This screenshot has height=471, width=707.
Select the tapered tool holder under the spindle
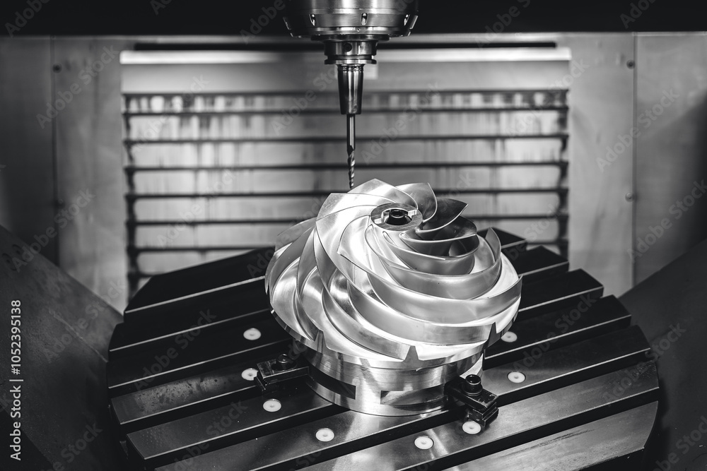tap(349, 88)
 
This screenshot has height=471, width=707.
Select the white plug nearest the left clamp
tap(250, 374)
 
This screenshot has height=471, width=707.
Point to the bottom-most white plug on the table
tap(423, 442)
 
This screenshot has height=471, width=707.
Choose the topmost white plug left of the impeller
tap(252, 334)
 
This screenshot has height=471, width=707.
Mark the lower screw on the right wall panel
tap(629, 196)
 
